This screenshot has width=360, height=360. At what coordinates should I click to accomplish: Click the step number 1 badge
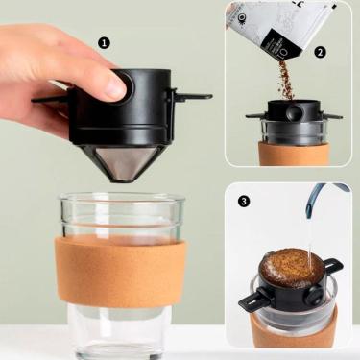[104, 43]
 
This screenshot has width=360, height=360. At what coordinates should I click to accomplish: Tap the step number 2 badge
[320, 52]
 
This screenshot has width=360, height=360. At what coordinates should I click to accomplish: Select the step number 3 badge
[244, 201]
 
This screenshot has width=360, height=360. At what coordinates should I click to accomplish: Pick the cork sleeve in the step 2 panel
[293, 154]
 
